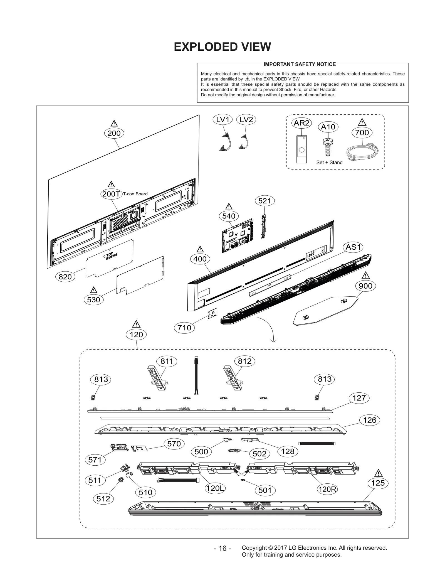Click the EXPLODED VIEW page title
[222, 47]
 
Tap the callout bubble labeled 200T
[111, 194]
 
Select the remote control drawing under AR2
[301, 149]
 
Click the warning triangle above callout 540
[229, 207]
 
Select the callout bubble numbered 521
[264, 201]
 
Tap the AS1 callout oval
[353, 247]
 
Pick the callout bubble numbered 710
[184, 328]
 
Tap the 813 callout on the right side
[325, 379]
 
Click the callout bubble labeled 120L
[215, 488]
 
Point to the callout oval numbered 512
[103, 498]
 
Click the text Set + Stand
[329, 163]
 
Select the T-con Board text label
[135, 194]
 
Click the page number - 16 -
[222, 548]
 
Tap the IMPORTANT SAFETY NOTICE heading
[300, 64]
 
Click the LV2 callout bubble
[246, 120]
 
